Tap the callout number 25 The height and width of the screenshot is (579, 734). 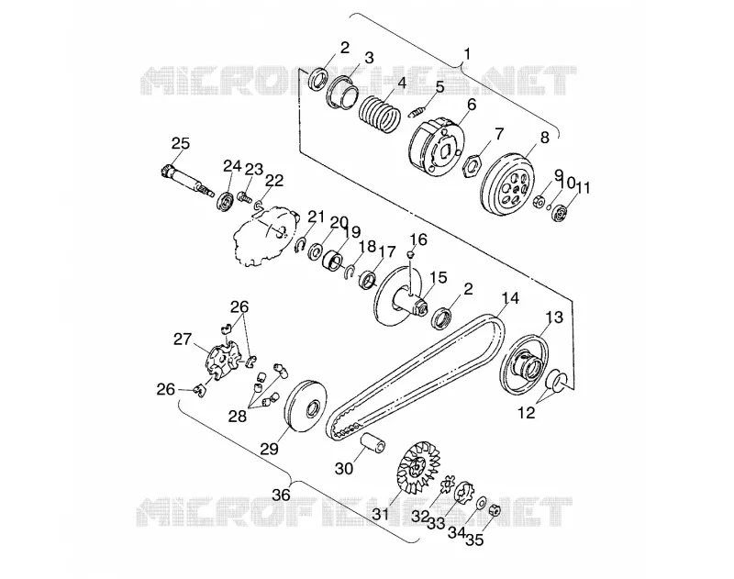click(180, 143)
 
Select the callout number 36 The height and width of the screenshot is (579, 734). click(282, 495)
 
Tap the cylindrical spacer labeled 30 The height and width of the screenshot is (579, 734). click(373, 443)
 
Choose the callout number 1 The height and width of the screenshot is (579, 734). click(467, 54)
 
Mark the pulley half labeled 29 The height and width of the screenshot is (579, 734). click(306, 404)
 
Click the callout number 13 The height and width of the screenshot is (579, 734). click(554, 317)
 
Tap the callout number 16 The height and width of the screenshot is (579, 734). click(418, 239)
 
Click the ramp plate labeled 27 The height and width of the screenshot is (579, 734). click(222, 360)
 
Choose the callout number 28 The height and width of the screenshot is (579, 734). click(238, 416)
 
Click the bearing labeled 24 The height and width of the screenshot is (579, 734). click(225, 202)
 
